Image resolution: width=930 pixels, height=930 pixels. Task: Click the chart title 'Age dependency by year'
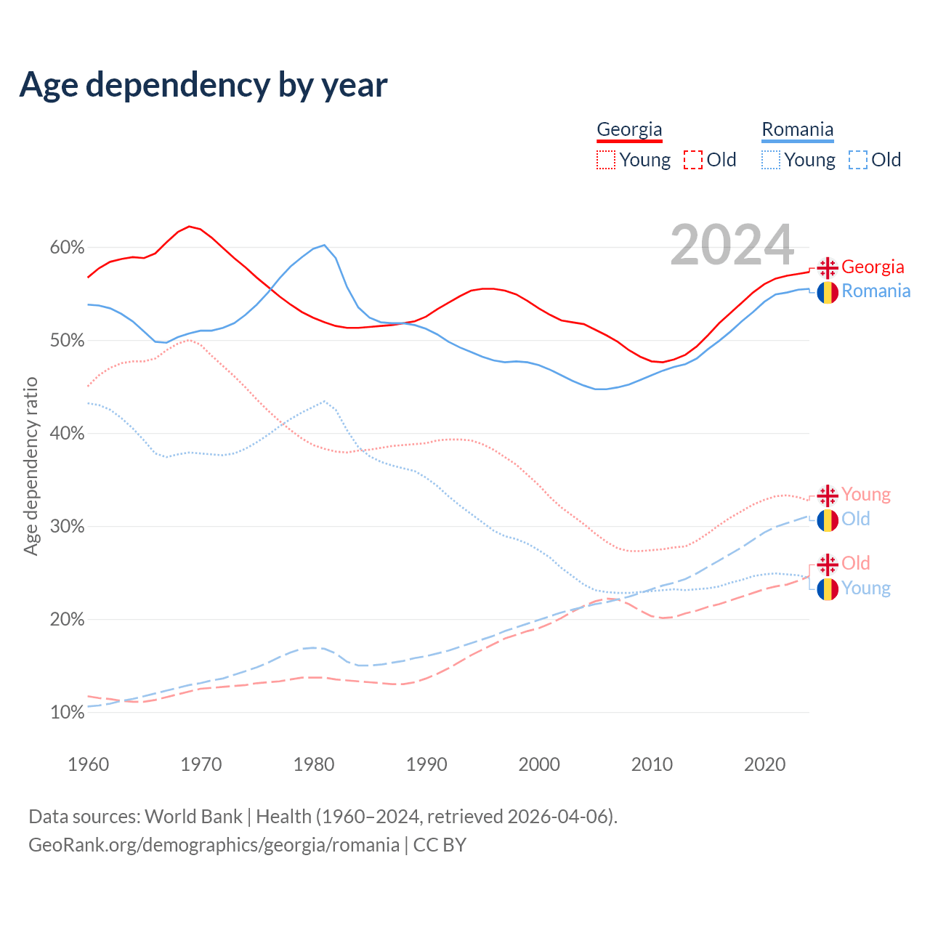point(203,84)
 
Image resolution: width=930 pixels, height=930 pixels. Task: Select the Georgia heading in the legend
point(629,130)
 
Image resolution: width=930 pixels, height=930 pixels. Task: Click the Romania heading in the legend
point(797,130)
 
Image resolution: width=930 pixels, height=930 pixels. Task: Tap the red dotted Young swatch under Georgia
point(606,160)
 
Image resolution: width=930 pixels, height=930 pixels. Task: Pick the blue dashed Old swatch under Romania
point(858,160)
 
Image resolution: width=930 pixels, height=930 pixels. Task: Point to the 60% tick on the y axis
point(67,248)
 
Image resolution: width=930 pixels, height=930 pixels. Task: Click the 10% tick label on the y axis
point(67,713)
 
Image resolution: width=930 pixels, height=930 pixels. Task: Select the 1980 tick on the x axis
point(314,764)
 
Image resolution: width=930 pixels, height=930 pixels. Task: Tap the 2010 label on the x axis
point(652,764)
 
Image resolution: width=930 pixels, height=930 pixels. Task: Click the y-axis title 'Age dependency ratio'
point(31,466)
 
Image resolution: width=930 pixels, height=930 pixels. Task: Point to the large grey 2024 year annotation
point(732,246)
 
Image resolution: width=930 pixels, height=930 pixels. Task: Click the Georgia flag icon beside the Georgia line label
point(828,267)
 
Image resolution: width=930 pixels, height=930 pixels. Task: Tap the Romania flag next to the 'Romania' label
point(828,292)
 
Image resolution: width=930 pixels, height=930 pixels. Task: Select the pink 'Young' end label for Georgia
point(866,495)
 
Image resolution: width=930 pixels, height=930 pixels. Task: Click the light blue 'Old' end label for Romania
point(856,519)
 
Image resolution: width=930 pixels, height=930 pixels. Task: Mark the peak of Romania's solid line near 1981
point(324,245)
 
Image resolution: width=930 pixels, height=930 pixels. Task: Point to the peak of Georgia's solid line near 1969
point(189,227)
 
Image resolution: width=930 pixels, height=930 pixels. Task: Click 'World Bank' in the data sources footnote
point(193,817)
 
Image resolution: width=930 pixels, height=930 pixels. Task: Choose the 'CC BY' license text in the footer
point(440,845)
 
